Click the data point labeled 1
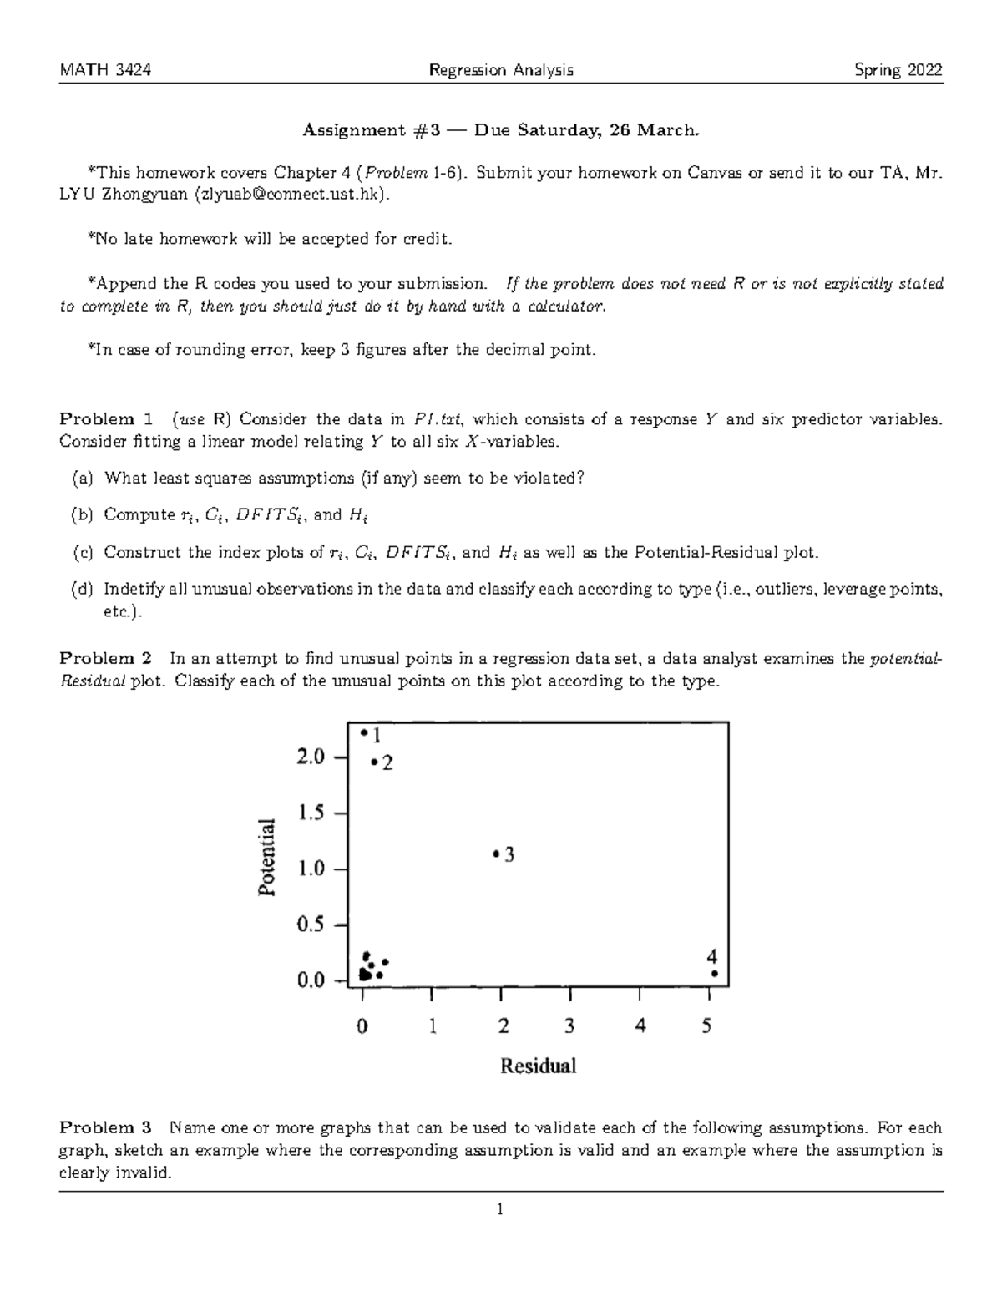364,732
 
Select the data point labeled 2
374,762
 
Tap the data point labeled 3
496,854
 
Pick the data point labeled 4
714,973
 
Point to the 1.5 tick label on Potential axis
311,813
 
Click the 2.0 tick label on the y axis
311,757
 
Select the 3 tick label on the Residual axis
569,1026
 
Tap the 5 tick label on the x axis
707,1026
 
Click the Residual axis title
538,1066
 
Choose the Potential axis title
267,857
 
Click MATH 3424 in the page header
105,70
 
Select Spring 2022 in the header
898,70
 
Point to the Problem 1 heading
106,419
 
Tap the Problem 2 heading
106,658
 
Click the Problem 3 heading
106,1127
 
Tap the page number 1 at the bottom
500,1208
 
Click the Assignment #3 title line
501,130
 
